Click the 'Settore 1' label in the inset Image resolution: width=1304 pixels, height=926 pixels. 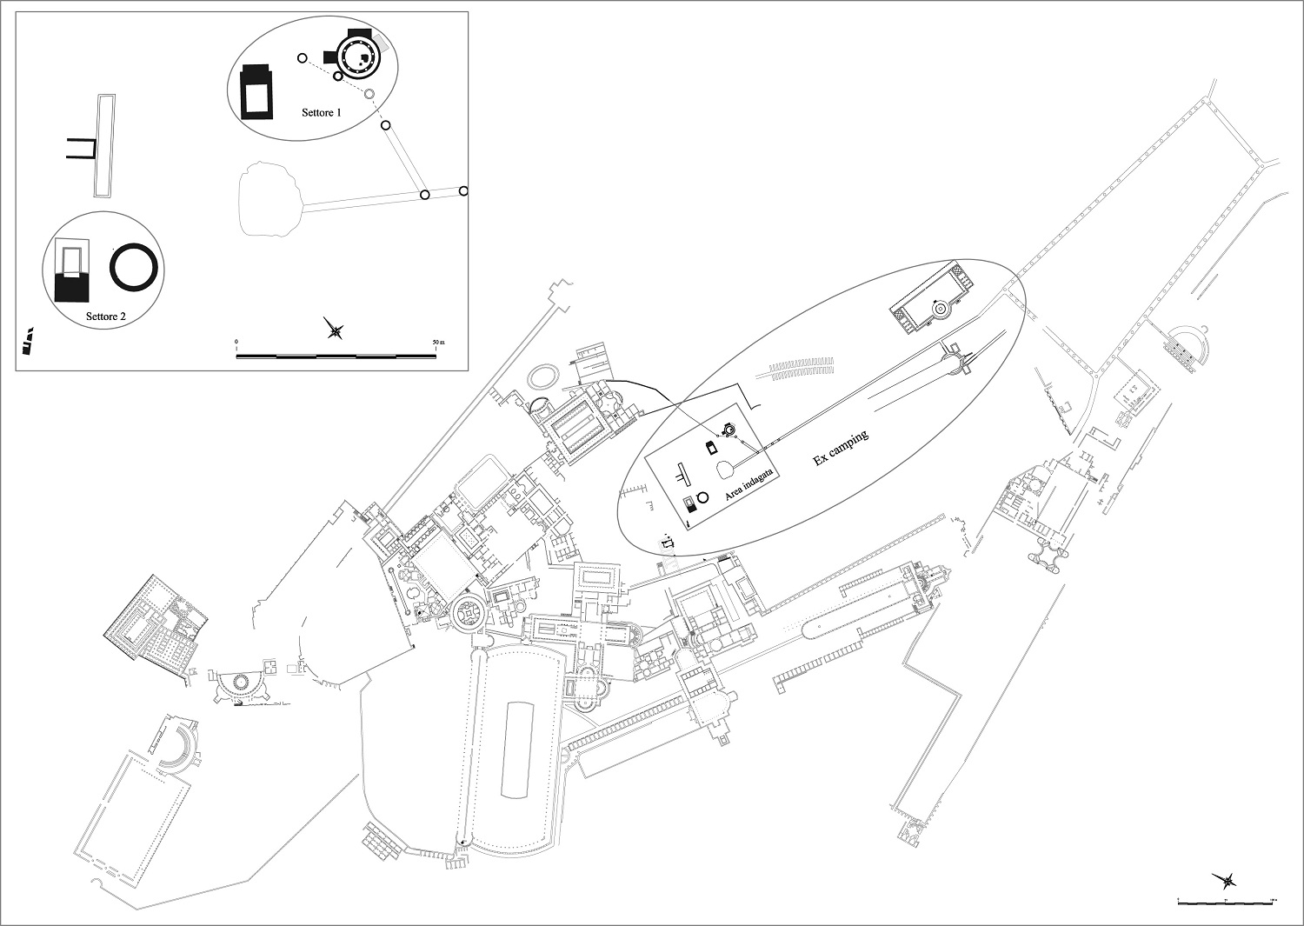(x=322, y=113)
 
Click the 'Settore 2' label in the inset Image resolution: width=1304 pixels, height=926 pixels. (x=106, y=316)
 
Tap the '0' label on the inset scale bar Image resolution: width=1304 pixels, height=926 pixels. (x=236, y=341)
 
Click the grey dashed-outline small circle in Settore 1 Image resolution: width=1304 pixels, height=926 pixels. (x=369, y=94)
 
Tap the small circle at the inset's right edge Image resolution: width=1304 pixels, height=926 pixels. (x=463, y=191)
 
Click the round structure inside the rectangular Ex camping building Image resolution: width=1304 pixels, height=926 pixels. (x=940, y=308)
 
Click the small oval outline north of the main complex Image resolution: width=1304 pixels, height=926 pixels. (x=546, y=376)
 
